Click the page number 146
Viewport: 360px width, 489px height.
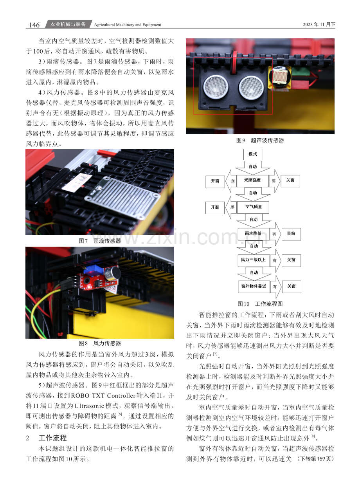click(x=34, y=25)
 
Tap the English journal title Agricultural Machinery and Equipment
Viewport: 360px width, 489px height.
click(x=128, y=25)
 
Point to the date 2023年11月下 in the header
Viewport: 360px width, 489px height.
click(x=319, y=24)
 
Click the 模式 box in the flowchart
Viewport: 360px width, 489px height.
click(x=253, y=154)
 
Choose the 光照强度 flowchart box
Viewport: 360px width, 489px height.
click(x=252, y=180)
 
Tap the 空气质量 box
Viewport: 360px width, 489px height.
click(x=253, y=207)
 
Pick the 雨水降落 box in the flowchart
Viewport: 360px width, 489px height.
click(x=254, y=234)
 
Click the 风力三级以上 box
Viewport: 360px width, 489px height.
click(x=254, y=260)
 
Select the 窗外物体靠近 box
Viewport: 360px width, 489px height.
click(x=254, y=287)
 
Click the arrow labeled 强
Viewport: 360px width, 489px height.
click(x=231, y=181)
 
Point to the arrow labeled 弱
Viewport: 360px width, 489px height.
click(x=274, y=181)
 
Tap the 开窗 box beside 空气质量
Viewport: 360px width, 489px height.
click(x=215, y=208)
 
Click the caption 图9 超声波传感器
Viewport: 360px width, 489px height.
click(x=260, y=141)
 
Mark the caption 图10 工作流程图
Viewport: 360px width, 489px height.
click(x=260, y=304)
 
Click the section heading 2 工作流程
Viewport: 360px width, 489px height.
click(x=46, y=438)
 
